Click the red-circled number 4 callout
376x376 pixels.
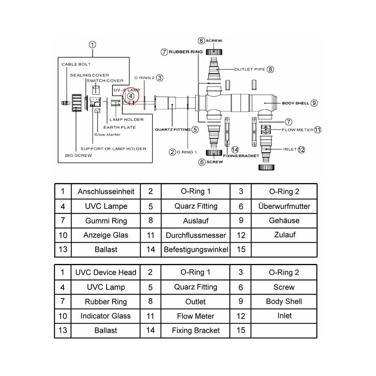coord(131,96)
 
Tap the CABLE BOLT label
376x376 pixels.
coord(76,64)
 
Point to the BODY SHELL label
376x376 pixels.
coord(295,103)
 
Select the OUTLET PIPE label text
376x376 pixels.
coord(250,69)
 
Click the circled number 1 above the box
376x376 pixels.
coord(93,44)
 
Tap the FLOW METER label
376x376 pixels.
coord(297,130)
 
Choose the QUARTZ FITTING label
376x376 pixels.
coord(173,130)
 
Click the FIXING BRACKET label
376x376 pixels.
coord(241,156)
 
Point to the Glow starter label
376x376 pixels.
coord(107,134)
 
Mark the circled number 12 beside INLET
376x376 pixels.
coord(301,150)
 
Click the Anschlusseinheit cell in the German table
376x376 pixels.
coord(106,191)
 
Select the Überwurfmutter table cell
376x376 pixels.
coord(284,206)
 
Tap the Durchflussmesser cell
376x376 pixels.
coord(196,235)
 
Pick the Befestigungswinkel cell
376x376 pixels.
coord(196,250)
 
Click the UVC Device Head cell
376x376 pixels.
coord(106,272)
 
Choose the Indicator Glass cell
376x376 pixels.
coord(106,316)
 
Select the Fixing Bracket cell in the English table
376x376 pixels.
coord(196,330)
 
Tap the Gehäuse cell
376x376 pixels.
coord(284,220)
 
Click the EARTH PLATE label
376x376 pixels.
coord(119,127)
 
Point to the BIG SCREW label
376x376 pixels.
coord(78,156)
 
